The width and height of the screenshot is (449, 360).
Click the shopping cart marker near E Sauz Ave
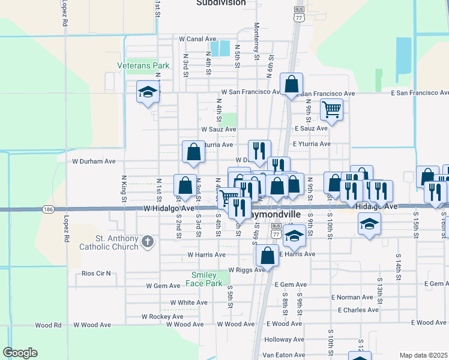[331, 110]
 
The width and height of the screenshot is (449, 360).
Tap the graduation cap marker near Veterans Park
[147, 92]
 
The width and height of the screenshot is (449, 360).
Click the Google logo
[20, 353]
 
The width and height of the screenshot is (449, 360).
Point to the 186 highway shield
[49, 209]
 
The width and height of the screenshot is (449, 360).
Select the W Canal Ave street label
[197, 39]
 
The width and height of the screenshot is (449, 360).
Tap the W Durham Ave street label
[94, 161]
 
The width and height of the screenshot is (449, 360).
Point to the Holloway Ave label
[285, 339]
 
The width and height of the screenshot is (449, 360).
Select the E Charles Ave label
[358, 310]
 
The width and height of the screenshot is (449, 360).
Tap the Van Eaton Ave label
[284, 355]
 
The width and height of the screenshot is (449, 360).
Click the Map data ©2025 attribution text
[423, 355]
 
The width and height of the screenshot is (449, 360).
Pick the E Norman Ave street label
[352, 297]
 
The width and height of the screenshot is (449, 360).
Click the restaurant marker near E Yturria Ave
[259, 151]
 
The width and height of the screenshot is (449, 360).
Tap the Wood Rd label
[49, 325]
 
